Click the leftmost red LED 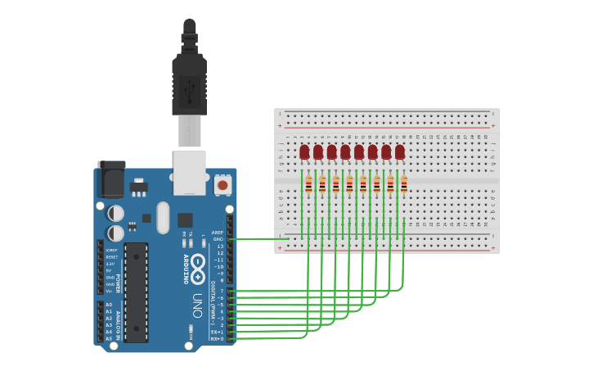(x=304, y=152)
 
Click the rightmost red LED (x=400, y=152)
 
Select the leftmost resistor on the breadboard (x=308, y=186)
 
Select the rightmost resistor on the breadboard (x=404, y=186)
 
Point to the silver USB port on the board (x=190, y=172)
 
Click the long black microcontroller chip (x=136, y=292)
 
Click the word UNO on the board (x=197, y=301)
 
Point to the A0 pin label (x=109, y=305)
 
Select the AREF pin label (x=217, y=233)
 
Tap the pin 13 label (x=219, y=247)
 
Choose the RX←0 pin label (x=217, y=338)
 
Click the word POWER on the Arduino (x=118, y=283)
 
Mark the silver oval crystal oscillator (x=163, y=218)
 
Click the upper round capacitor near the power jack (x=116, y=213)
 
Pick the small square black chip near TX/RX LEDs (x=185, y=219)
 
